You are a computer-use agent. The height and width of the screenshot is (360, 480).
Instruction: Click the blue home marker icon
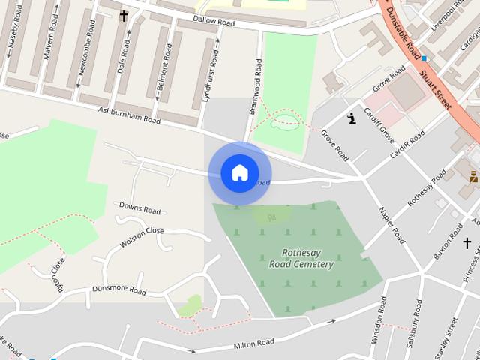coord(239,173)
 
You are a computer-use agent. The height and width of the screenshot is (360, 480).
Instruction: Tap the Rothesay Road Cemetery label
coord(301,258)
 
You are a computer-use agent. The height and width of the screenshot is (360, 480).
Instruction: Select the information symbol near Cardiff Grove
coord(352,118)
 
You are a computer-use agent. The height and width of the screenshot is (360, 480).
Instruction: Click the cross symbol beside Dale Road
coord(124,15)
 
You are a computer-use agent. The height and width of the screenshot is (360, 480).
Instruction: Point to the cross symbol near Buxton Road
coord(466,243)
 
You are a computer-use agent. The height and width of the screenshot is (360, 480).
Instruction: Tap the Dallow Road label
coord(214,22)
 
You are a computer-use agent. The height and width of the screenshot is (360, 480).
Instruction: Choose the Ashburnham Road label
coord(130,115)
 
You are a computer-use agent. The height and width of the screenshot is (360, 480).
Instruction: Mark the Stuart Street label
coord(436,90)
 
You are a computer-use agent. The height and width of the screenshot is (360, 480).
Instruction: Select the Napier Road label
coord(391,225)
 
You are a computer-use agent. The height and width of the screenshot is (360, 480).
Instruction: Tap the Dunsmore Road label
coord(118,289)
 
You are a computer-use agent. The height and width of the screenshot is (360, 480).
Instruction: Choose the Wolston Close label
coord(141,238)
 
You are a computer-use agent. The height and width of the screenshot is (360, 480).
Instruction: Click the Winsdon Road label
coord(379,320)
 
